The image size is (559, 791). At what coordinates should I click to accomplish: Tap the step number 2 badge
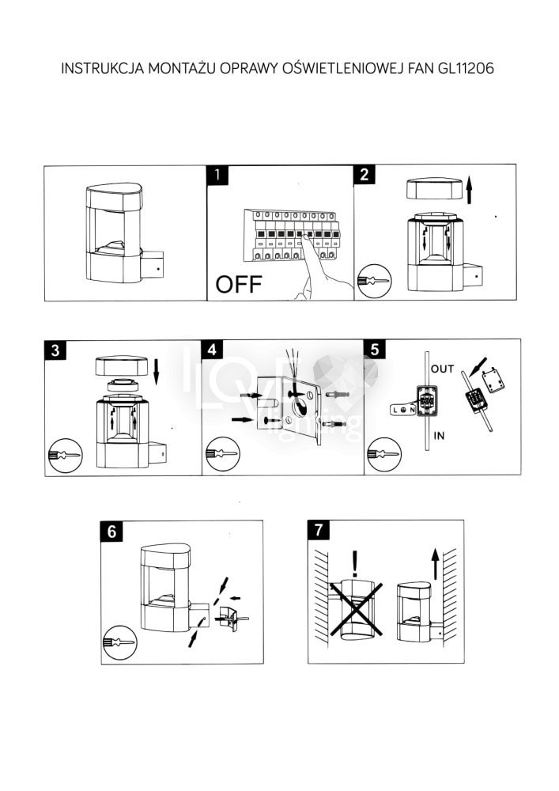click(364, 175)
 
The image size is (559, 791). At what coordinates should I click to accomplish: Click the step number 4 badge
click(212, 350)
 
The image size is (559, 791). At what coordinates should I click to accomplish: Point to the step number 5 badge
click(374, 350)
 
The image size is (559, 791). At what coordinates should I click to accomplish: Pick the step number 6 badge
click(111, 531)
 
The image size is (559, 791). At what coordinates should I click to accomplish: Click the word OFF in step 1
click(238, 286)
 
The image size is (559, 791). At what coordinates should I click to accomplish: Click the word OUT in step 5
click(443, 369)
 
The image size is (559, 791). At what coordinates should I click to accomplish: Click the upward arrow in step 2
click(469, 190)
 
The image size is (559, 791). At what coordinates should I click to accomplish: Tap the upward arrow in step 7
click(435, 565)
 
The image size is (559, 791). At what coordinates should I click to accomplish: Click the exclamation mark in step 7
click(356, 563)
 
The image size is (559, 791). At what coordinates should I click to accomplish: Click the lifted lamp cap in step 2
click(433, 190)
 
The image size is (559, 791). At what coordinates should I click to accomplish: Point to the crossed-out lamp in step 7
click(355, 609)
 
